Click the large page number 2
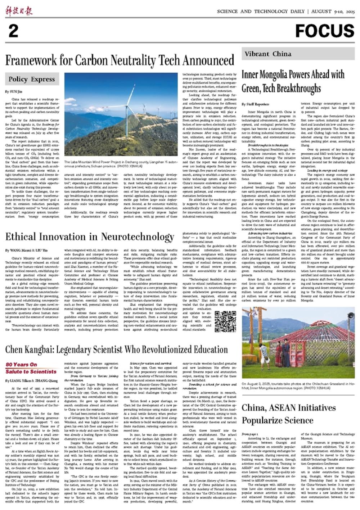[x=13, y=31]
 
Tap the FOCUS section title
[x=324, y=31]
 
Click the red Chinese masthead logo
[x=19, y=11]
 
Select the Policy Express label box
[x=32, y=79]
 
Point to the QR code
[x=225, y=321]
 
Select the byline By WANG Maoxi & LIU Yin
[x=26, y=250]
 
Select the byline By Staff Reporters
[x=254, y=104]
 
